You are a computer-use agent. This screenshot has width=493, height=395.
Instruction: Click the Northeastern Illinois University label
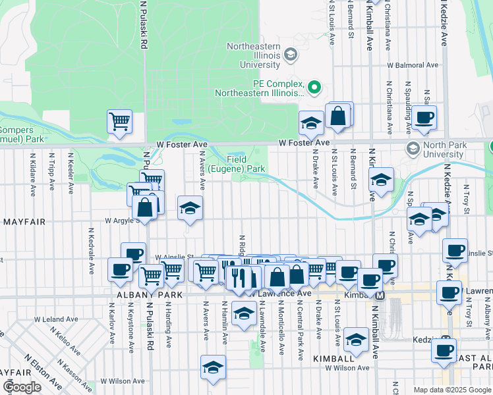pyautogui.click(x=253, y=55)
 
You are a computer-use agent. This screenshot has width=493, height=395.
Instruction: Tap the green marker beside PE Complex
pyautogui.click(x=314, y=87)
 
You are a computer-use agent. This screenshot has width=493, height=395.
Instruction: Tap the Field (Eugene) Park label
pyautogui.click(x=246, y=164)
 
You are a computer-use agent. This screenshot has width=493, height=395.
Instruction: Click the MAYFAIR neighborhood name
pyautogui.click(x=23, y=222)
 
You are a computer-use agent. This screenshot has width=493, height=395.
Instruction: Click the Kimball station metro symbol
pyautogui.click(x=380, y=296)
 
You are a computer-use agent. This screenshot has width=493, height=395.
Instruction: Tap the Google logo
pyautogui.click(x=22, y=386)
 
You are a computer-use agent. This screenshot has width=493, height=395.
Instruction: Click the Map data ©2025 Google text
pyautogui.click(x=451, y=390)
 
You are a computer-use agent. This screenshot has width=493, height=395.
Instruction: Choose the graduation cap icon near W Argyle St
pyautogui.click(x=190, y=209)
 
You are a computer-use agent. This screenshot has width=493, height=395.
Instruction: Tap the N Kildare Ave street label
pyautogui.click(x=32, y=174)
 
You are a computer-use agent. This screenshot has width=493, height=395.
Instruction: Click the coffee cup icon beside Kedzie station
pyautogui.click(x=444, y=350)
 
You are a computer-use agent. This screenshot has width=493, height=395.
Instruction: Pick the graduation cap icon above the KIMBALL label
pyautogui.click(x=357, y=340)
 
